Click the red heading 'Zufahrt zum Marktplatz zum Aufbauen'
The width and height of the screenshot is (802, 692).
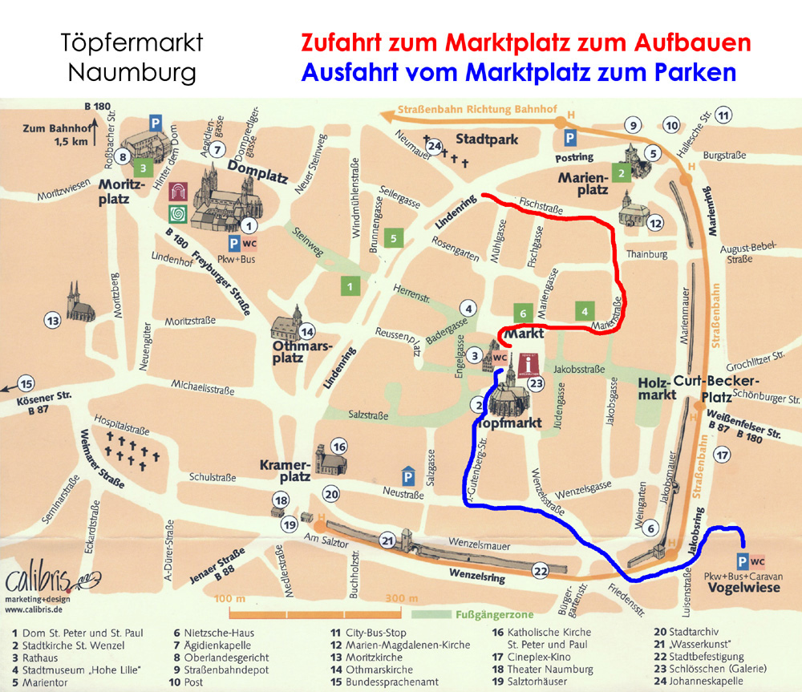tap(525, 42)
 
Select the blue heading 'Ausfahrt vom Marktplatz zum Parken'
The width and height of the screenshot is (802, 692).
tap(518, 73)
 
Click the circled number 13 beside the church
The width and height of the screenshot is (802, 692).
tap(53, 321)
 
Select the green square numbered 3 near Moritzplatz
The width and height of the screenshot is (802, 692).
tap(143, 168)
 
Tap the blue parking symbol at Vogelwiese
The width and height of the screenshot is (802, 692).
tap(743, 561)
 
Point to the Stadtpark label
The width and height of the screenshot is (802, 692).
tap(487, 140)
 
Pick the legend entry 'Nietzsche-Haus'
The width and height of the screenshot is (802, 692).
tap(213, 633)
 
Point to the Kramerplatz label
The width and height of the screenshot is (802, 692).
tap(285, 471)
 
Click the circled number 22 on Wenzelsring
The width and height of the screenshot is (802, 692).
tap(540, 569)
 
